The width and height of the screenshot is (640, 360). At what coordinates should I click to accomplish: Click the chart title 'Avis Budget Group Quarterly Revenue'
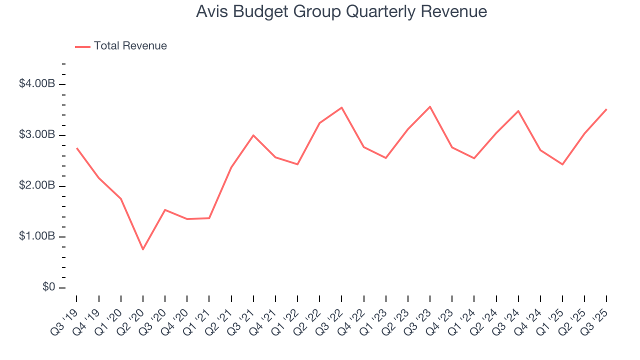click(x=341, y=11)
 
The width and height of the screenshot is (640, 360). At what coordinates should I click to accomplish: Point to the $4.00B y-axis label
click(x=36, y=84)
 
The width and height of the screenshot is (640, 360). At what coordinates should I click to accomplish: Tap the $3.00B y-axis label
click(x=36, y=135)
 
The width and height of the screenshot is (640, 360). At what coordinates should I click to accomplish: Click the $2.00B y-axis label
click(x=36, y=186)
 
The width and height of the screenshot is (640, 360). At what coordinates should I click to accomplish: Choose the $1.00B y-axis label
click(x=36, y=236)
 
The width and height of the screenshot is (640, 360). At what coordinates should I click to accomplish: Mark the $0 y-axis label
click(x=48, y=287)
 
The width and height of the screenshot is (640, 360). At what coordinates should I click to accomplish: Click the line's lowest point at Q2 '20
click(x=143, y=249)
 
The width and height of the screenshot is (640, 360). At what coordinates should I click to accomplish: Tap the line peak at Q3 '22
click(x=341, y=107)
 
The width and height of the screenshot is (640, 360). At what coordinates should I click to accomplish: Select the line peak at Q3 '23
click(x=430, y=106)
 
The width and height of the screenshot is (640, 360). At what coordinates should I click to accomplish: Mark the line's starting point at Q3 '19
click(x=76, y=148)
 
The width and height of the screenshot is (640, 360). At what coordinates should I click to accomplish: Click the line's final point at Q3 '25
click(x=606, y=109)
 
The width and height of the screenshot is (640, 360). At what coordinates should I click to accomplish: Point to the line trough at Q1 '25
click(x=562, y=164)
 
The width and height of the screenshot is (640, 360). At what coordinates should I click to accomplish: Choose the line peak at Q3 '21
click(x=253, y=135)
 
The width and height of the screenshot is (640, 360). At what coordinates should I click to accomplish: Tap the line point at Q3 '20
click(x=165, y=210)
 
